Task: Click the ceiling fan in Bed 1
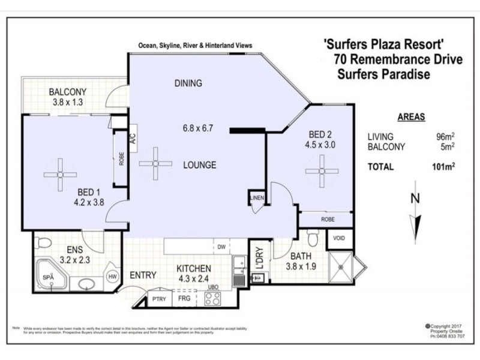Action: [x=61, y=175]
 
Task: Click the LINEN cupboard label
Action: [x=256, y=198]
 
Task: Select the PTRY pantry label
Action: [x=159, y=298]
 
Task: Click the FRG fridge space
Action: [x=184, y=298]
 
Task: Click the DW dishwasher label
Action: [x=221, y=246]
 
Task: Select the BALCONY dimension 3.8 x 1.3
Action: [x=68, y=102]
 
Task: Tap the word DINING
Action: [x=188, y=83]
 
